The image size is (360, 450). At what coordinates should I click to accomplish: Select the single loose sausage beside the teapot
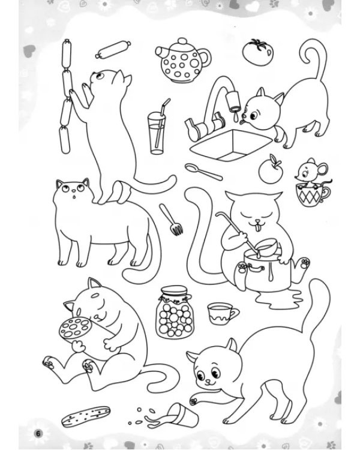pyautogui.click(x=113, y=50)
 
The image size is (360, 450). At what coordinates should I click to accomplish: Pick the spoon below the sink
pyautogui.click(x=203, y=172)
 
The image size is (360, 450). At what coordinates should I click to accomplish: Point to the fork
pyautogui.click(x=171, y=220)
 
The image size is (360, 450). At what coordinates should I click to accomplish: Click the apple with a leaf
pyautogui.click(x=271, y=170)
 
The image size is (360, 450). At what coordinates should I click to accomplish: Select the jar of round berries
pyautogui.click(x=175, y=312)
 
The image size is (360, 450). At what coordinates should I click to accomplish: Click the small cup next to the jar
pyautogui.click(x=222, y=313)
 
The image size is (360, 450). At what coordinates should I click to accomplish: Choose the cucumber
pyautogui.click(x=86, y=416)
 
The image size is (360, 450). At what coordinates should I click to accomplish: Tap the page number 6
pyautogui.click(x=38, y=433)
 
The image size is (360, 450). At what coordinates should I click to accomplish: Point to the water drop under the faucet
pyautogui.click(x=235, y=116)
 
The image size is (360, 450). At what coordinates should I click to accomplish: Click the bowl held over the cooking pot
pyautogui.click(x=268, y=248)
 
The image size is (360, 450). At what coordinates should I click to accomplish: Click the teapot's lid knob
pyautogui.click(x=182, y=41)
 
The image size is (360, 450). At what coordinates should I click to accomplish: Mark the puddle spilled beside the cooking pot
pyautogui.click(x=278, y=299)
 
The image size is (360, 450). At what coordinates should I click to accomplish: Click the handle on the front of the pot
pyautogui.click(x=256, y=268)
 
